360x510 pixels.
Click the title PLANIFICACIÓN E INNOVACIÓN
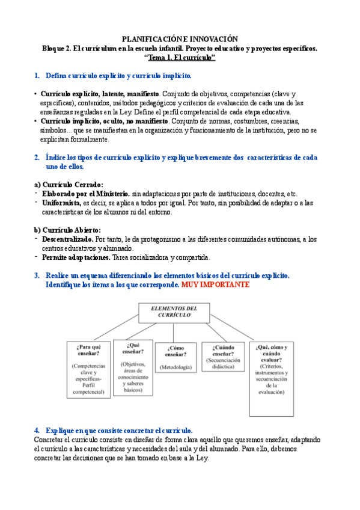click(180, 38)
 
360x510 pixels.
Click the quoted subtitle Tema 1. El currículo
click(180, 57)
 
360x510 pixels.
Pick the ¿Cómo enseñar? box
click(176, 358)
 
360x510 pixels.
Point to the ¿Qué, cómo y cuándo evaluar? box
click(272, 379)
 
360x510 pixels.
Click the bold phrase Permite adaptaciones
click(76, 257)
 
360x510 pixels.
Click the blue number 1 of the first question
click(37, 76)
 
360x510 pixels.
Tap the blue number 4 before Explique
click(37, 431)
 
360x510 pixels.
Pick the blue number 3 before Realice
click(37, 275)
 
